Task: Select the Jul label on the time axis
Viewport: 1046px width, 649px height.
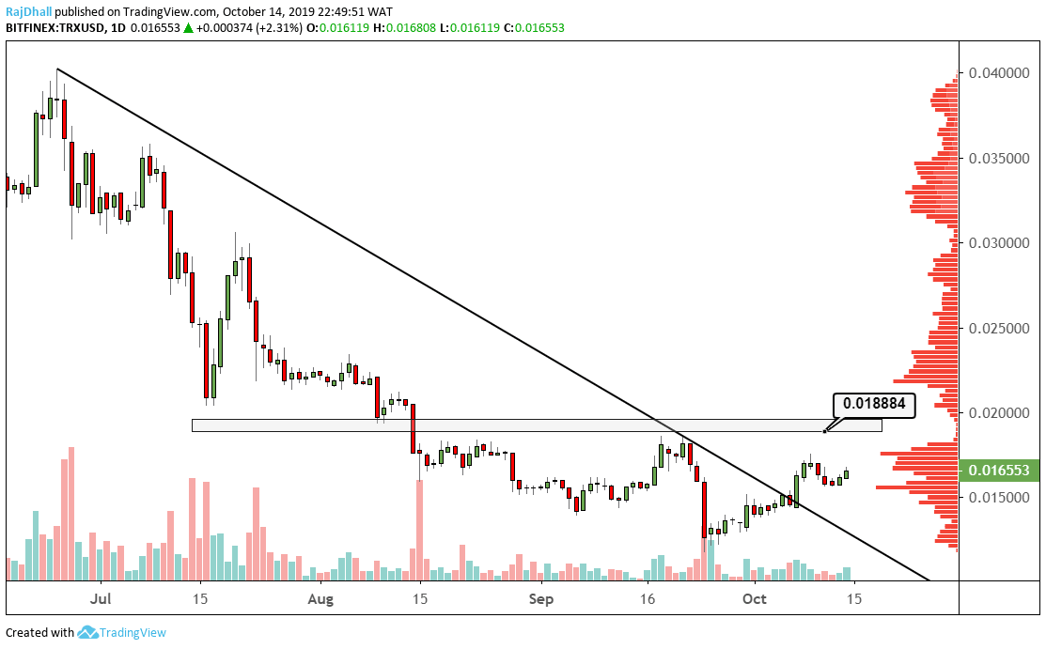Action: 101,597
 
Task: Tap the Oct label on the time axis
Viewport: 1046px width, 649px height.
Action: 755,597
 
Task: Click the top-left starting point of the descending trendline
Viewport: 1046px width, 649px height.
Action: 57,70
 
